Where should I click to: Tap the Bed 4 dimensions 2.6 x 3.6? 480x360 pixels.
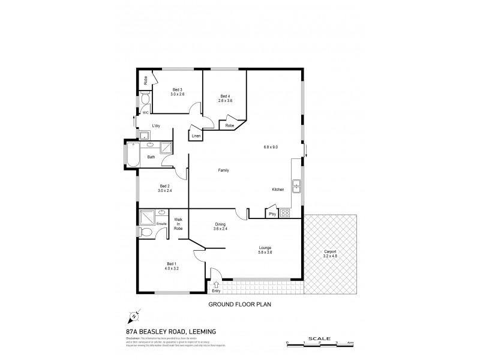pos(225,101)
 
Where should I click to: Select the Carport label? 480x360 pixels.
pos(331,251)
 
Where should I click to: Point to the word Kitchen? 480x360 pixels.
pos(278,190)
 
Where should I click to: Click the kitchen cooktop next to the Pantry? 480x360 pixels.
pos(285,213)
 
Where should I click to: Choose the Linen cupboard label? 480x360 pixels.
pos(196,137)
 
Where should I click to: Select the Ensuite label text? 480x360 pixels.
pos(162,224)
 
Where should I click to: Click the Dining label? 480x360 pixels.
pos(220,224)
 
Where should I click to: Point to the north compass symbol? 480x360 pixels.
pos(134,316)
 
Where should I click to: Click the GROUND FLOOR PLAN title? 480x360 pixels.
pos(240,305)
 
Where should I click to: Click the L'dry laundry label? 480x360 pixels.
pos(156,125)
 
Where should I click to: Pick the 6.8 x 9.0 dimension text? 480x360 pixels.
pos(271,147)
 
